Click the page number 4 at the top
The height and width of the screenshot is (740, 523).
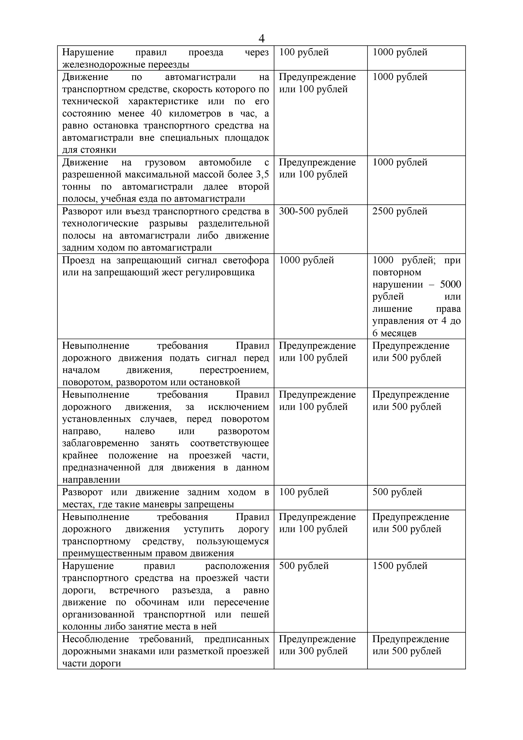261,39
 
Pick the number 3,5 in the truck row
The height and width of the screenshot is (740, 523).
262,174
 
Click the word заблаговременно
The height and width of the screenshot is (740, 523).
100,443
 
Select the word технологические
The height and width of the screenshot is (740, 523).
100,223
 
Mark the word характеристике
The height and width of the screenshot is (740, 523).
163,101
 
